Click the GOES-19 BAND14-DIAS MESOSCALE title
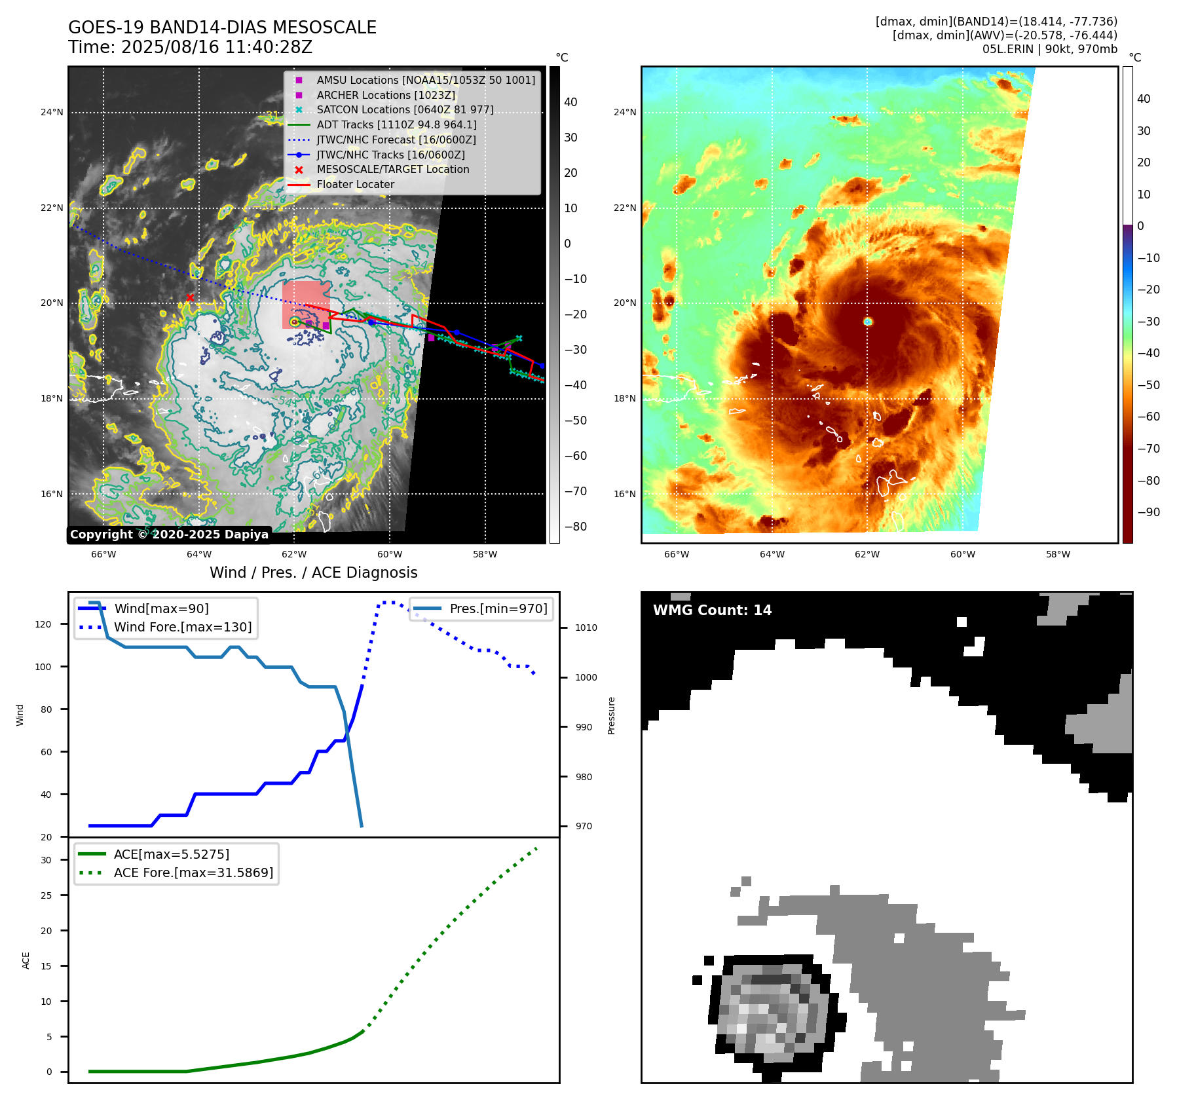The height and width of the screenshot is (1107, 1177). click(x=222, y=28)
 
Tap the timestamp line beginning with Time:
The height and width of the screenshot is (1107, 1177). click(x=190, y=47)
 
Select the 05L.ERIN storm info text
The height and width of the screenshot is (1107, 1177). click(x=1049, y=49)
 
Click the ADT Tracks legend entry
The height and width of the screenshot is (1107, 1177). click(x=396, y=124)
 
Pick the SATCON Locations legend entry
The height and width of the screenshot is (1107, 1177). click(x=405, y=109)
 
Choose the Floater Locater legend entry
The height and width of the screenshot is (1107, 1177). click(x=355, y=184)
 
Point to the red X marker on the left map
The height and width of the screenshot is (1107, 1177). click(x=190, y=297)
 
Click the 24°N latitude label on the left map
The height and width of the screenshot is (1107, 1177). click(x=52, y=112)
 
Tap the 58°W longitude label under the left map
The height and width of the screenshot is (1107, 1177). click(x=485, y=554)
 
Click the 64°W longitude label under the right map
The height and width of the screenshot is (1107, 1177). click(x=772, y=554)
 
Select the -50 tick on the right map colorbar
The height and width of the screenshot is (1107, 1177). click(x=1148, y=385)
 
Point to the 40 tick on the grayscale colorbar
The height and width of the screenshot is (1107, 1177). click(x=570, y=102)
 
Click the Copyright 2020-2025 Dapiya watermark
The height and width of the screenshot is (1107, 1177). click(x=169, y=535)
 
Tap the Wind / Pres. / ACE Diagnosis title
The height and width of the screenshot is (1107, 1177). click(x=313, y=572)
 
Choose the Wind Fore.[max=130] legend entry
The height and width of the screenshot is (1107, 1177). click(x=182, y=627)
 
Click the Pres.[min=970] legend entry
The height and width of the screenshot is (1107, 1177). click(x=498, y=609)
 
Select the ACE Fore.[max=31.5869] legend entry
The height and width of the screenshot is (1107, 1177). click(x=193, y=872)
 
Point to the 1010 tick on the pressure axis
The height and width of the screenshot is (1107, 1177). click(x=586, y=628)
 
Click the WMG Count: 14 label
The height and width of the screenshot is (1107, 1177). click(x=712, y=610)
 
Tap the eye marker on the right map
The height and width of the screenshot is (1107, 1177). click(x=868, y=322)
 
